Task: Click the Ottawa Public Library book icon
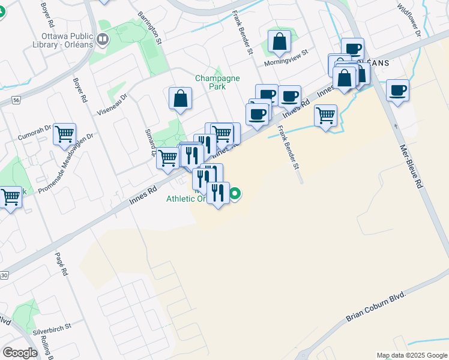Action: click(103, 40)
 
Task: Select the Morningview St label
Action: click(286, 53)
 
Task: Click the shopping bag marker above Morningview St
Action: click(279, 41)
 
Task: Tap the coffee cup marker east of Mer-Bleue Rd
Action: click(397, 91)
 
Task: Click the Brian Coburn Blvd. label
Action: click(376, 308)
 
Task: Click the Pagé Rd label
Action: click(62, 263)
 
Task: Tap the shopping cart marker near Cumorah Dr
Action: click(64, 134)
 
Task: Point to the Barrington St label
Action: click(150, 28)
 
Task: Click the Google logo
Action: click(20, 352)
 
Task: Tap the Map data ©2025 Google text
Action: click(412, 355)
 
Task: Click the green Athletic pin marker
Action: click(236, 193)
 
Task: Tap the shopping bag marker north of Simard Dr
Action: click(180, 98)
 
